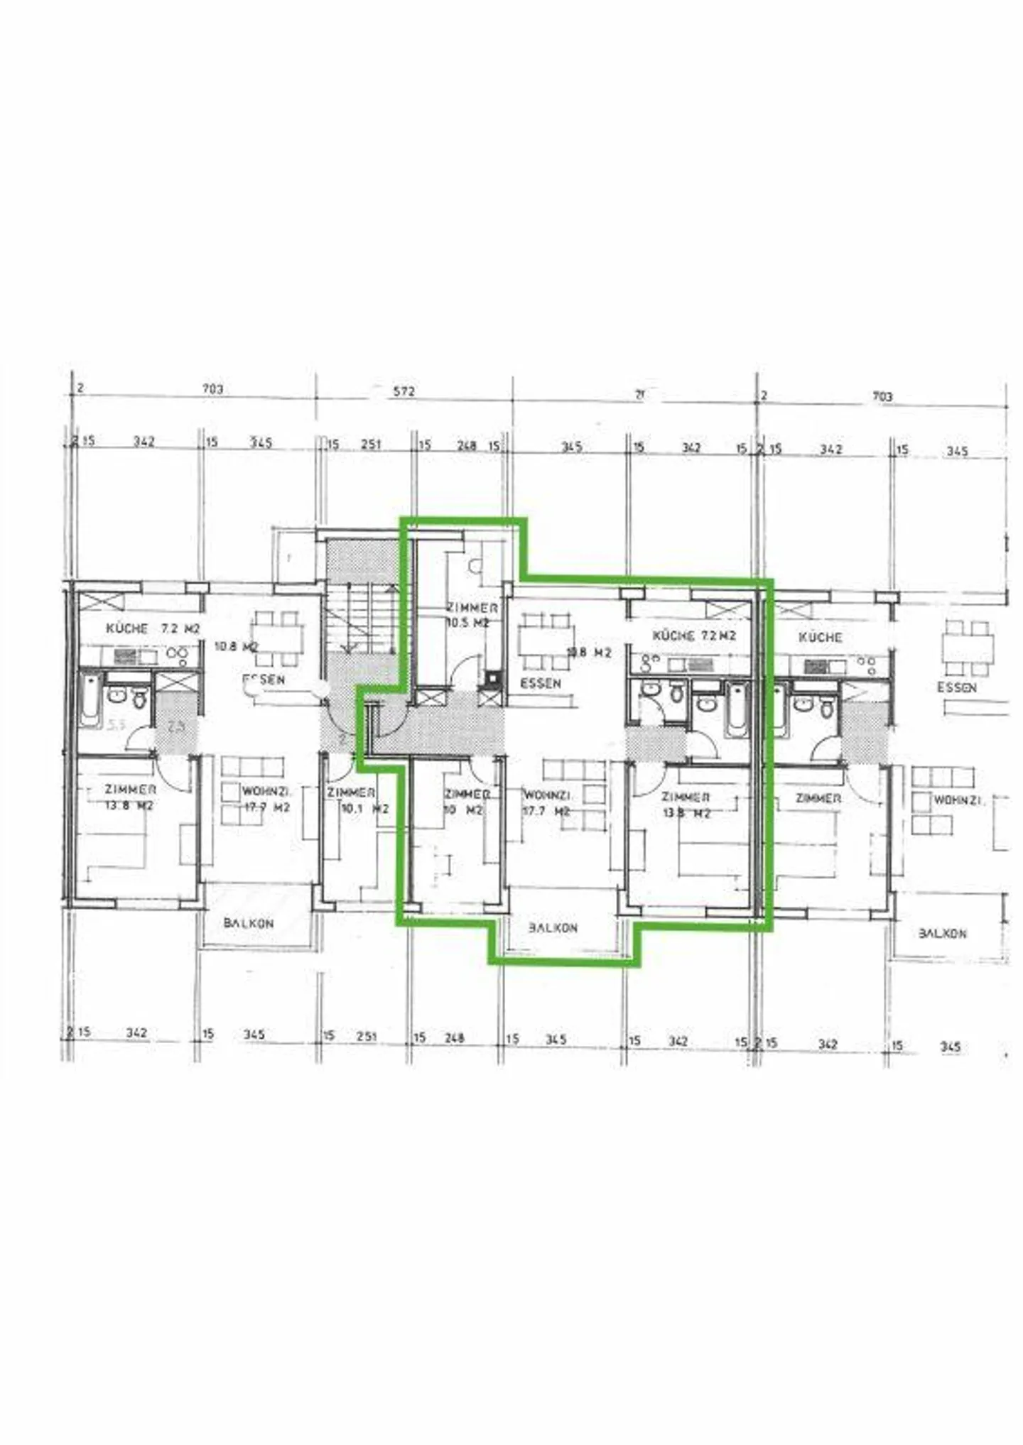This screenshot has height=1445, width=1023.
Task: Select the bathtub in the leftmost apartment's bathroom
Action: (x=90, y=701)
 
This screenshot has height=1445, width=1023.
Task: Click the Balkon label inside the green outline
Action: (x=553, y=928)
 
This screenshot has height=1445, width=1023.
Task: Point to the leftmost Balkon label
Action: (x=248, y=923)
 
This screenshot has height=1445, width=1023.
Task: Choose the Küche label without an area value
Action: (x=820, y=637)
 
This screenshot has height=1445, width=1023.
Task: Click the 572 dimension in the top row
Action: (x=404, y=391)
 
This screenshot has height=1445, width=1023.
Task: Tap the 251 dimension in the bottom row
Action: (x=366, y=1036)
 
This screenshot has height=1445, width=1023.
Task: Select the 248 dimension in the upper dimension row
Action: (x=466, y=445)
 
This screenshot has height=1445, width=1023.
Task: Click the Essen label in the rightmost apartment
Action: (x=956, y=687)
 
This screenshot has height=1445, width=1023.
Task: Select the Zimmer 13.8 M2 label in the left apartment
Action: (x=129, y=797)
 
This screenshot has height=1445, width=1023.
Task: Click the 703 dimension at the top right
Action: (x=882, y=396)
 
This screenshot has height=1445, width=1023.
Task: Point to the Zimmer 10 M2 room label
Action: (x=466, y=802)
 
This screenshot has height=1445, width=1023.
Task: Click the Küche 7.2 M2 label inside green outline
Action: (x=693, y=636)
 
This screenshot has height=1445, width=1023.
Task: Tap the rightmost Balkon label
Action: (x=942, y=932)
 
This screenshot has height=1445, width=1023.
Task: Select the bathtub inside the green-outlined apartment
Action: (x=737, y=710)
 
